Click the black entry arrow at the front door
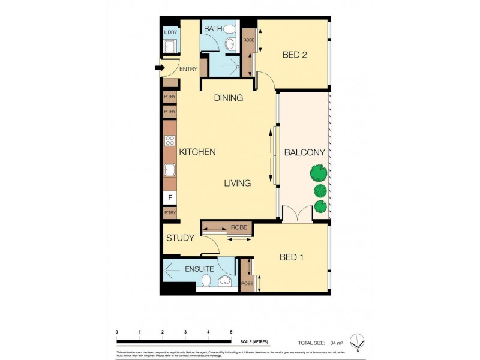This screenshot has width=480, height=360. tap(159, 68)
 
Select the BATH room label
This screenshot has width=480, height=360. tap(213, 29)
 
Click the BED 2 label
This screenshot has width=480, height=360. tap(295, 55)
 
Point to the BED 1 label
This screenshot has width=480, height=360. tap(292, 257)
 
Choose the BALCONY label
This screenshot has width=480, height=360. tap(304, 152)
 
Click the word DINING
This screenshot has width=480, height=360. tap(228, 98)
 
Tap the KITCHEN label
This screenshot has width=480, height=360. tap(197, 152)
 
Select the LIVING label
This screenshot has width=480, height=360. tap(238, 183)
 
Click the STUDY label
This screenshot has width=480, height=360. tap(180, 238)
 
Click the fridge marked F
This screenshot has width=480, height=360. tap(170, 197)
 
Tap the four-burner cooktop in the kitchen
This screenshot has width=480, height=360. tap(170, 142)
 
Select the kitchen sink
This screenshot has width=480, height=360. tap(170, 170)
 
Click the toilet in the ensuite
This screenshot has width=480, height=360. tap(206, 280)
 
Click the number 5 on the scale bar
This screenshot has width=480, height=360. tap(231, 331)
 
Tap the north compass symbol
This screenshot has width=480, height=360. tap(358, 339)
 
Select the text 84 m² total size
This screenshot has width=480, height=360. tap(336, 343)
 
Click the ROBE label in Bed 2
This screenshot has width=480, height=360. tap(248, 41)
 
